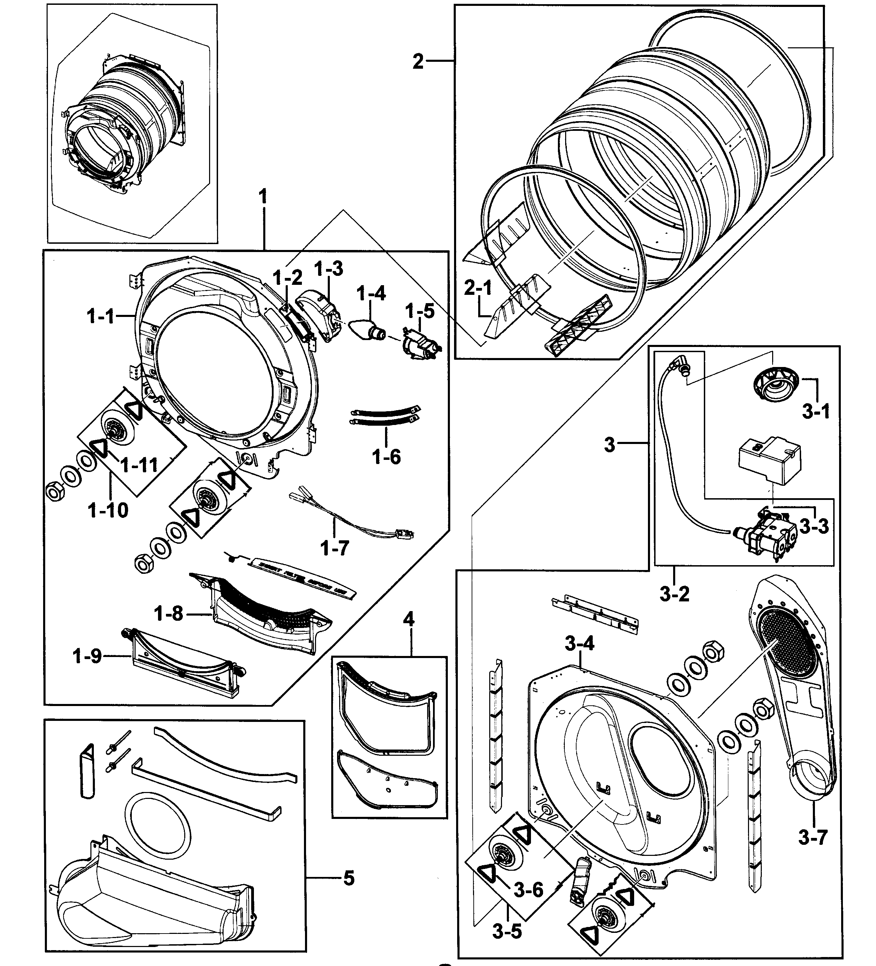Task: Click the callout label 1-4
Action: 371,293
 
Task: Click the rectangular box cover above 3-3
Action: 769,459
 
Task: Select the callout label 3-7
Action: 813,838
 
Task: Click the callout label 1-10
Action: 108,510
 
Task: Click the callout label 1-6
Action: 386,457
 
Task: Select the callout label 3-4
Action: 580,644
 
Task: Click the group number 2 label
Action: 418,62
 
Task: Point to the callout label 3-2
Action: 675,594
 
